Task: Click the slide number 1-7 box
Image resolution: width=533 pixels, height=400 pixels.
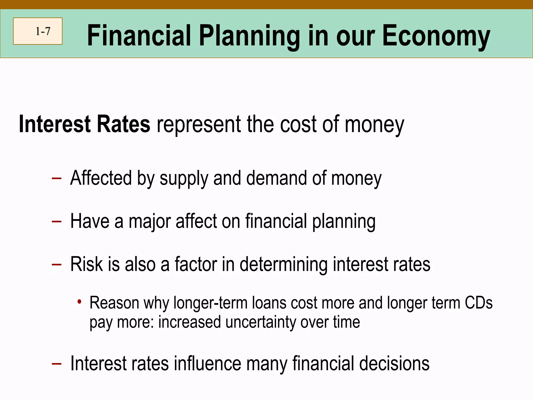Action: (38, 31)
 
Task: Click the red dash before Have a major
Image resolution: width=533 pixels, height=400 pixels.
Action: (56, 222)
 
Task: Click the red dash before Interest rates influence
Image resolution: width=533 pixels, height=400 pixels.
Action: (56, 364)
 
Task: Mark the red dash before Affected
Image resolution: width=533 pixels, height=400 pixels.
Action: (56, 179)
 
